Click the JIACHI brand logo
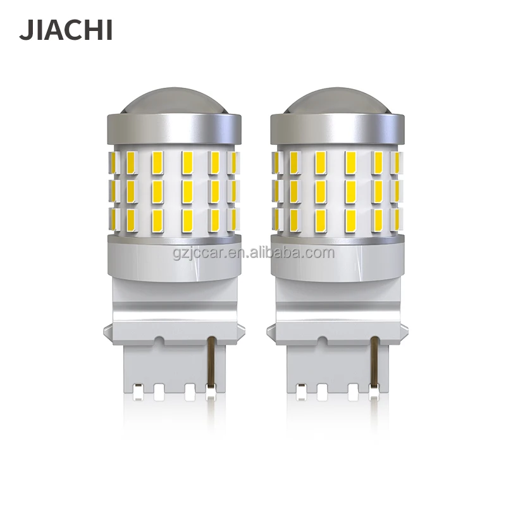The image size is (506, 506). click(x=66, y=29)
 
